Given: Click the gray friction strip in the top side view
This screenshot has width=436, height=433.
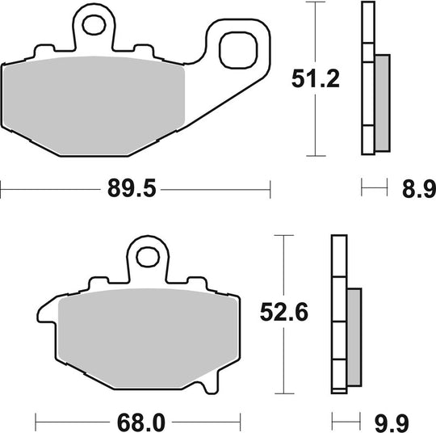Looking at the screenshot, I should coord(382,101).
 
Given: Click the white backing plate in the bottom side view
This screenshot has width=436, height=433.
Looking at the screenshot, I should coord(338,323).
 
